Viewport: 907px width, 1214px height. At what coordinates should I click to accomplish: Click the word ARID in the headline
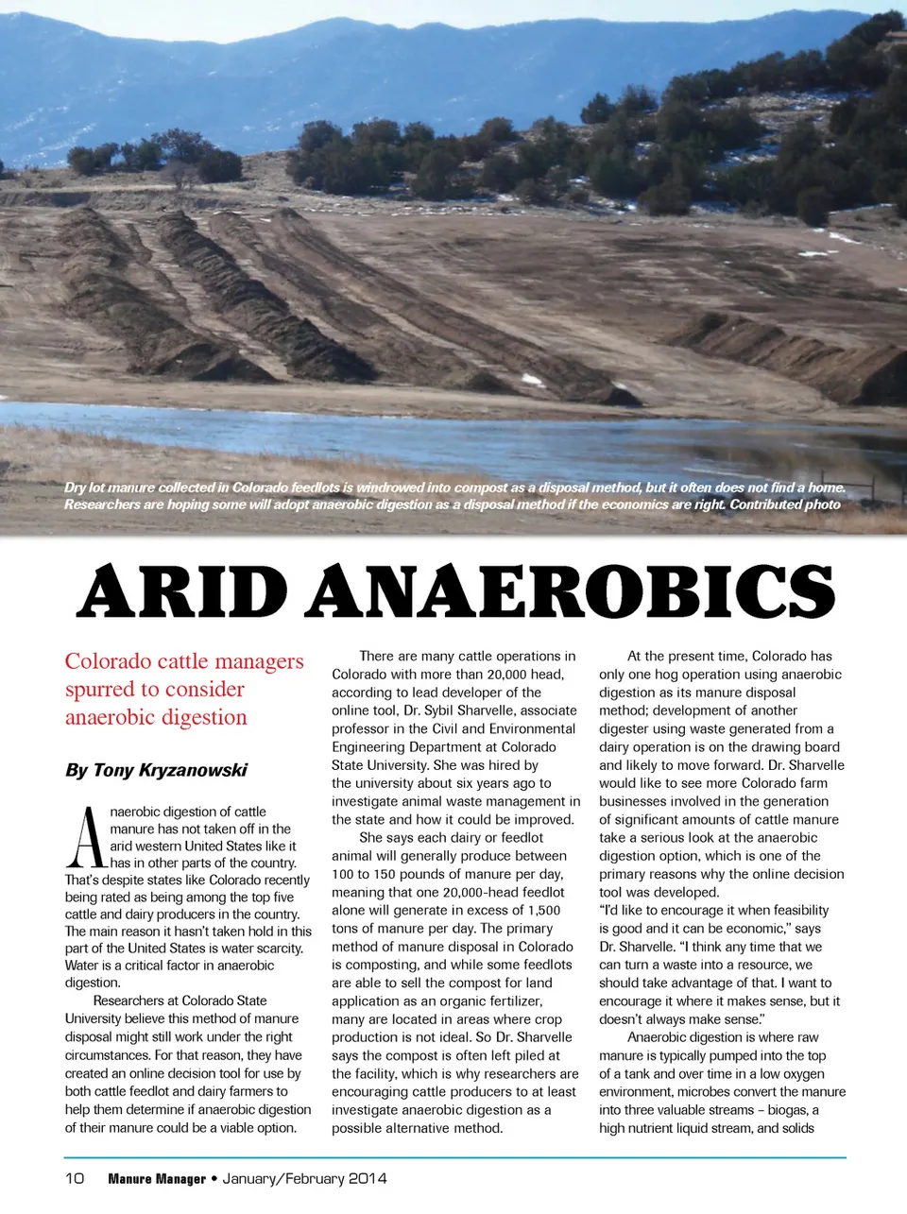(x=182, y=592)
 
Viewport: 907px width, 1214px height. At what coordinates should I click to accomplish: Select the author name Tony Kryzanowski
(x=170, y=770)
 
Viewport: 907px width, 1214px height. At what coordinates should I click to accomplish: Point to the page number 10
(x=75, y=1178)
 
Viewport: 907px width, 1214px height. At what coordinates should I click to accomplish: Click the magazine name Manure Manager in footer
(x=157, y=1178)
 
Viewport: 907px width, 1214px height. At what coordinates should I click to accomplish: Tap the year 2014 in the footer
(x=368, y=1178)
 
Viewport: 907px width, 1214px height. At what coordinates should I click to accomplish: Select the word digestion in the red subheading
(x=204, y=718)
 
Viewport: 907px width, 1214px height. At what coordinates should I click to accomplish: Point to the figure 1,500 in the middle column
(x=544, y=910)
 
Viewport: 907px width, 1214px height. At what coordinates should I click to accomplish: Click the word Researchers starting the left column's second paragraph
(x=132, y=1000)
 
